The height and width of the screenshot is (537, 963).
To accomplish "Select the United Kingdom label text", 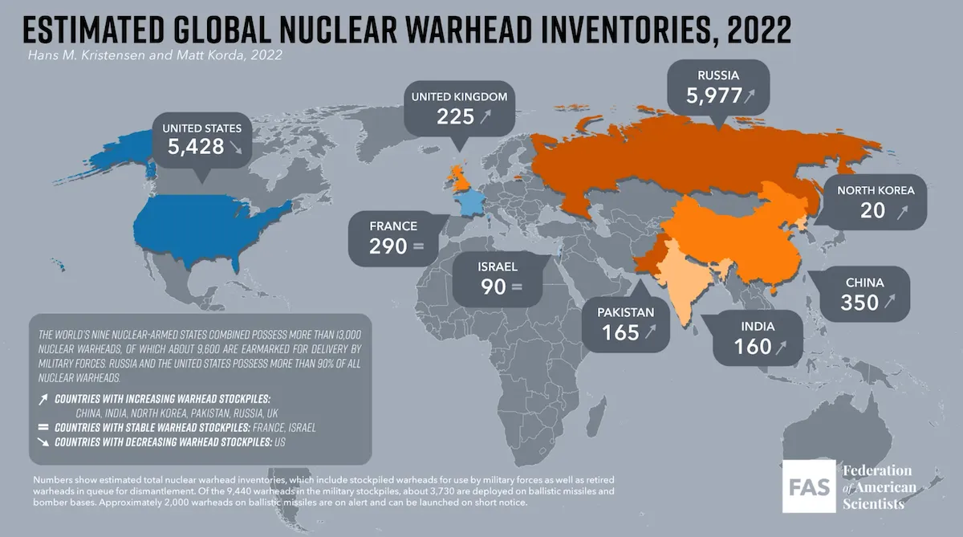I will (459, 97).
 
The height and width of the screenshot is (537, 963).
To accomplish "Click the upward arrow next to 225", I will (486, 118).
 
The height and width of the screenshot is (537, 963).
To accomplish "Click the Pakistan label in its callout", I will (625, 311).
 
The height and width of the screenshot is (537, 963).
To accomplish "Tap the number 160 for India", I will (752, 347).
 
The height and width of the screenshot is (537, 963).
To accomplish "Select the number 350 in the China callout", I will (859, 303).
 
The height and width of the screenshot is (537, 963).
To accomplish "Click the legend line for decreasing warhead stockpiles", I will (169, 442).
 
